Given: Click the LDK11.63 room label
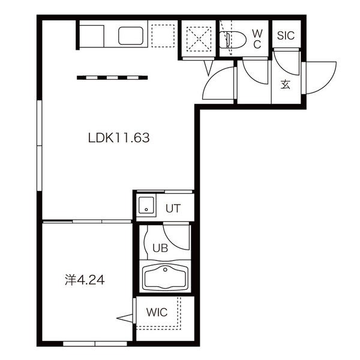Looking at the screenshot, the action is (x=119, y=138).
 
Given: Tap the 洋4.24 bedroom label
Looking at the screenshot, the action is (x=85, y=280).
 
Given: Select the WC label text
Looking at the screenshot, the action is (x=257, y=39).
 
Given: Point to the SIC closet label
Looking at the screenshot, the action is (x=286, y=35).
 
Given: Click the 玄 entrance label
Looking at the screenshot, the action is (x=286, y=85).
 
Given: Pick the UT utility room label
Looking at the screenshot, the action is (x=173, y=208).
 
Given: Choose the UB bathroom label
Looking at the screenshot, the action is (x=160, y=248).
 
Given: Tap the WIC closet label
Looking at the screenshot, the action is (x=157, y=312).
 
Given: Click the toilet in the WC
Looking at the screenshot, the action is (x=232, y=40).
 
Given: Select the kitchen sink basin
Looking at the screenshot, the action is (x=131, y=36).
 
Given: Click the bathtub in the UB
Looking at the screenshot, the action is (x=165, y=277).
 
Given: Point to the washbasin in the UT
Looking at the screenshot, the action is (x=146, y=205).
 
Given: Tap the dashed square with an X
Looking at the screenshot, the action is (x=199, y=39).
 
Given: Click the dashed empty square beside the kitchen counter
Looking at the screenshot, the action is (x=163, y=36).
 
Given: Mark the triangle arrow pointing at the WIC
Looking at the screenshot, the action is (x=125, y=318).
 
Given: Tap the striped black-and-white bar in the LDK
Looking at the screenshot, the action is (x=112, y=78).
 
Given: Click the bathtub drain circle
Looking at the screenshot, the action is (x=165, y=269).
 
